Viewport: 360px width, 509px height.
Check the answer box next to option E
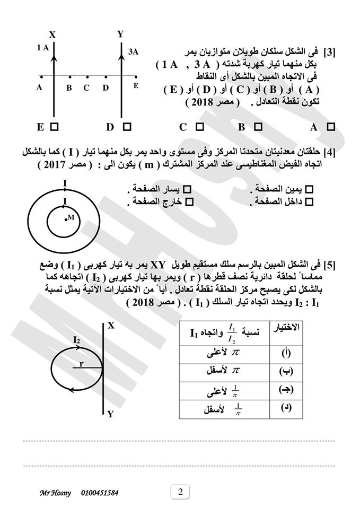click(55, 127)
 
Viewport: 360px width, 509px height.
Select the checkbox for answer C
click(200, 127)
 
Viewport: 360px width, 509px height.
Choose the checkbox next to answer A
click(331, 127)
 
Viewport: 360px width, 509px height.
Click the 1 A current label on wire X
click(43, 48)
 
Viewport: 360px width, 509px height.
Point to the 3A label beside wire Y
click(134, 51)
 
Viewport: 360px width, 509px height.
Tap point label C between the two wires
click(86, 88)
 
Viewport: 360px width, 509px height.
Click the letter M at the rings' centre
click(71, 217)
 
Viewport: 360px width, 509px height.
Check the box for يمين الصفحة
click(310, 189)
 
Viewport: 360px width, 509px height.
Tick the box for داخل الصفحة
click(310, 201)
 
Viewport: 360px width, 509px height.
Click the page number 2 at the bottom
click(180, 492)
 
